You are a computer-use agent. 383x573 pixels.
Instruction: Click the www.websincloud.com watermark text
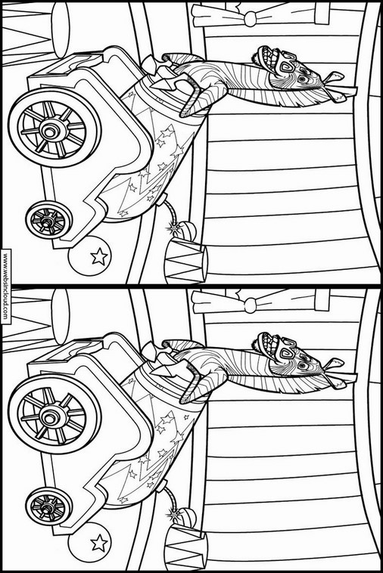coord(5,286)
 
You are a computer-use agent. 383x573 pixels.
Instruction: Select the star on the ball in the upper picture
coord(99,257)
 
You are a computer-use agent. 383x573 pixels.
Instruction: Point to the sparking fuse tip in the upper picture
coord(172,229)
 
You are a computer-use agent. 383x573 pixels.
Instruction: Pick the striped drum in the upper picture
coord(186,260)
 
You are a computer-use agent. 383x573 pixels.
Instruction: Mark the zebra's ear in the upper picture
coord(334,77)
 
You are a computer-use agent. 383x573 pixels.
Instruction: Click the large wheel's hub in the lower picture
coord(48,417)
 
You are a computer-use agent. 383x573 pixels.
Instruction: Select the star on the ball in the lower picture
coord(99,544)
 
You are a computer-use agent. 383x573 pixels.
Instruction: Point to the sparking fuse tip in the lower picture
coord(172,516)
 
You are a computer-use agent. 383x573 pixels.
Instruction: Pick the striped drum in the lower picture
coord(186,547)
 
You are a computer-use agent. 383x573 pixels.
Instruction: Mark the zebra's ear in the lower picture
coord(334,364)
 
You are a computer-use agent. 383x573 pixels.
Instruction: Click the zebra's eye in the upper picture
coord(302,79)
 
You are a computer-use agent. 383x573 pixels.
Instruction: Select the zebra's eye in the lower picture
coord(302,365)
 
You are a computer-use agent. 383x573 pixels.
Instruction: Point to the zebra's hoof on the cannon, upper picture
coord(153,66)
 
